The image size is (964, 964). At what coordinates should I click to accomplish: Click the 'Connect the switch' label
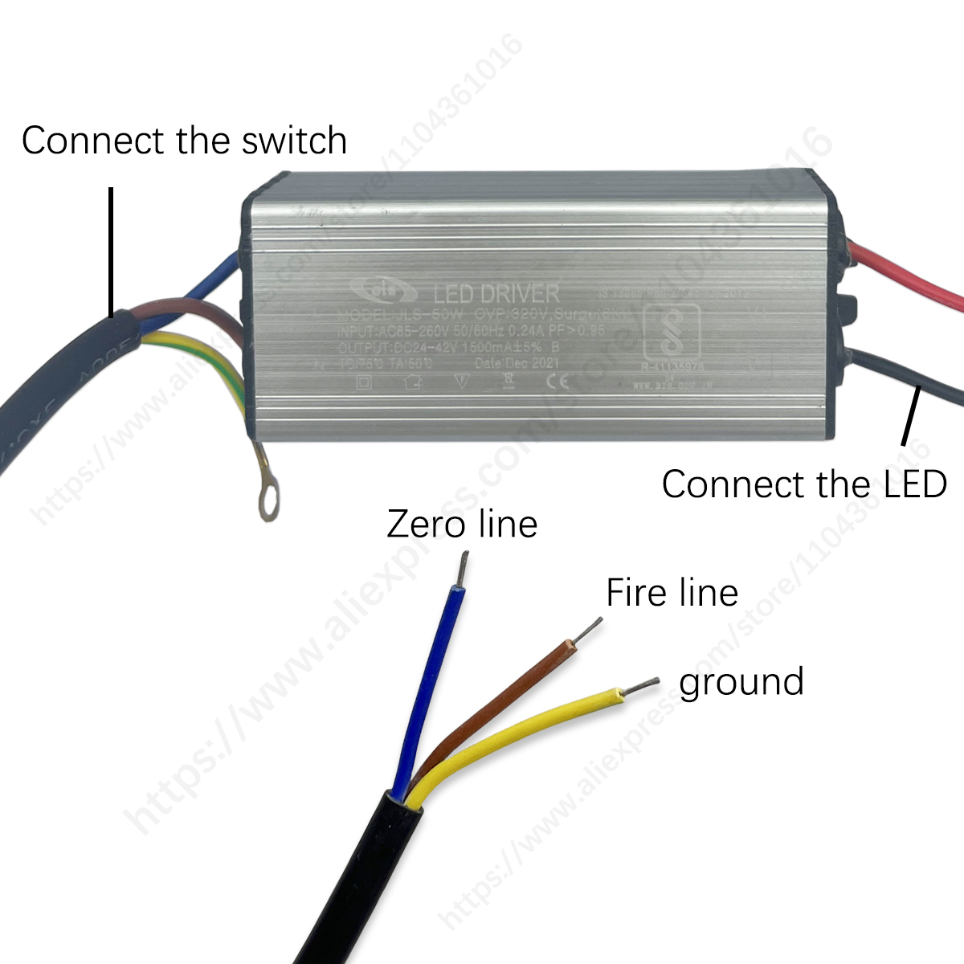point(184,141)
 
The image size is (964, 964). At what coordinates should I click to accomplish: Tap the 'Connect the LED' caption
point(804,484)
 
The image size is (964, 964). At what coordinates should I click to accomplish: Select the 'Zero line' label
point(462,525)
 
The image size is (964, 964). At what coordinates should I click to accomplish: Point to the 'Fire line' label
point(672,594)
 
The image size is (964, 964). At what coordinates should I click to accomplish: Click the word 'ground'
point(741,682)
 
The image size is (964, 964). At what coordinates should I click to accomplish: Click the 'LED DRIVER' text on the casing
point(496,293)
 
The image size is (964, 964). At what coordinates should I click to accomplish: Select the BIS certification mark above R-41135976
point(672,333)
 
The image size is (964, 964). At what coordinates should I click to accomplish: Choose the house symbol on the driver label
point(413,382)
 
